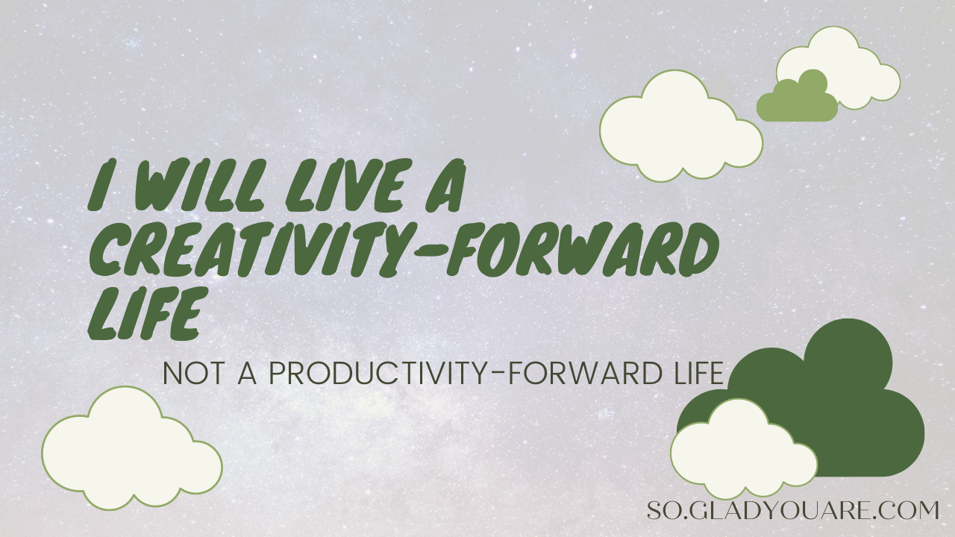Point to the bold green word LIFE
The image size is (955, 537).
pyautogui.click(x=148, y=313)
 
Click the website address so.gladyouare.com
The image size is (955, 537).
pyautogui.click(x=793, y=510)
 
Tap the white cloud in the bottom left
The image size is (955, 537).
pyautogui.click(x=132, y=448)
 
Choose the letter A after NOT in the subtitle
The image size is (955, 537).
pyautogui.click(x=247, y=374)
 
